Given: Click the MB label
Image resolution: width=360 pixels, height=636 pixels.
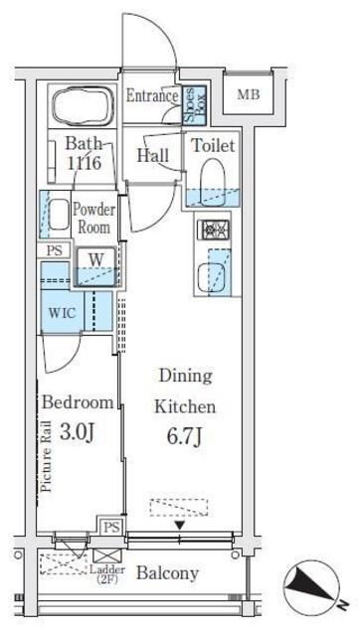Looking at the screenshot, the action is click(x=249, y=95).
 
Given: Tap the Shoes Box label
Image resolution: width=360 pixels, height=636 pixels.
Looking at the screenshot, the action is click(x=194, y=104).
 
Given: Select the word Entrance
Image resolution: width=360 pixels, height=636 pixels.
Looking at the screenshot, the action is click(x=152, y=95).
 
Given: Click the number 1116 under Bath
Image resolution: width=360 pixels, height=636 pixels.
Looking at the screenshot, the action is click(x=85, y=163).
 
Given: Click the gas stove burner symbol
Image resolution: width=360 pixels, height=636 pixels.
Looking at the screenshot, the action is click(x=213, y=231).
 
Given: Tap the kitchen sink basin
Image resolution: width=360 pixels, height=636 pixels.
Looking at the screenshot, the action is click(x=211, y=277).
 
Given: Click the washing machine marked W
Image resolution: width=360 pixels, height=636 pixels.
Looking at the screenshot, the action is click(x=96, y=266).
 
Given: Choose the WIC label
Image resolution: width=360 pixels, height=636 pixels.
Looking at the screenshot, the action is click(x=62, y=313).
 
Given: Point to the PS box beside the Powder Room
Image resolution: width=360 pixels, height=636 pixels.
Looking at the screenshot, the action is click(x=55, y=250).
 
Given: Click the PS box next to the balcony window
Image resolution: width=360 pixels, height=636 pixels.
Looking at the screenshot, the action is click(x=110, y=528).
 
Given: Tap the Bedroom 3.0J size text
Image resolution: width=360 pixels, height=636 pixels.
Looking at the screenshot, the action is click(x=78, y=433).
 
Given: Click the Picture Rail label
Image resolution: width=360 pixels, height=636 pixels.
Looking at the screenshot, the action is click(x=47, y=456).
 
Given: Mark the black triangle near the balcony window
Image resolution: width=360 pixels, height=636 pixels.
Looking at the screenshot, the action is click(x=180, y=526).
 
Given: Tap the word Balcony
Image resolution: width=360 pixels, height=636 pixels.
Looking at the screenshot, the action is click(x=168, y=573).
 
